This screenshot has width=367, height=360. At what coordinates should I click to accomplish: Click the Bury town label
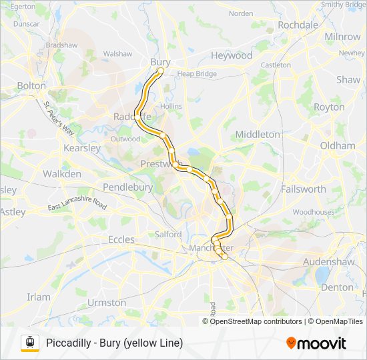point(160,62)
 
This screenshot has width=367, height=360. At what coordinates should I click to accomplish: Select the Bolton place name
point(31,85)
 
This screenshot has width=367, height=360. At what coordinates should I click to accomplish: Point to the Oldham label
point(338,145)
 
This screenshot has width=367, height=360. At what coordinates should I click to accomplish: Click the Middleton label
point(258,134)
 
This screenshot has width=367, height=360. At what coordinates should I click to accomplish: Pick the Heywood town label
point(232,55)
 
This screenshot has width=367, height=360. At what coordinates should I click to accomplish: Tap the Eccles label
point(121,239)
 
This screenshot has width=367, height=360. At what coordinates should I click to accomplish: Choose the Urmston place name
point(106,302)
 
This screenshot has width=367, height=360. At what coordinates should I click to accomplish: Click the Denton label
point(337,287)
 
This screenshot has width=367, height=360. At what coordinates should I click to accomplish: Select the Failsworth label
point(304,189)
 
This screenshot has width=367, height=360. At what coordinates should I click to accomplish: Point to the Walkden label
point(62,174)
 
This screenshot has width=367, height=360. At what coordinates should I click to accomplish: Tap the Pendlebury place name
point(127,187)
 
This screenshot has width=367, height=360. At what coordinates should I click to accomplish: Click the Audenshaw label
point(328,262)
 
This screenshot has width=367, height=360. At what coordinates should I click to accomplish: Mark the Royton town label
point(329,107)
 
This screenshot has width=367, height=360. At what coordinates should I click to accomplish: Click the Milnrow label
point(342,37)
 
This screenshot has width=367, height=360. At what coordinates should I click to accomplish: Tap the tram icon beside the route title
point(29,343)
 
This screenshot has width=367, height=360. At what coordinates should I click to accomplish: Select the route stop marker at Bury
point(161,70)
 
